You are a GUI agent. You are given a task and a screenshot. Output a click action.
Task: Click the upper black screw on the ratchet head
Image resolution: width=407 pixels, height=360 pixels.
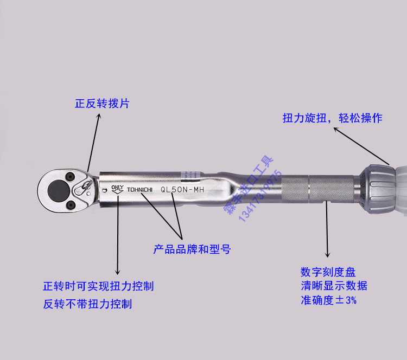[70, 176]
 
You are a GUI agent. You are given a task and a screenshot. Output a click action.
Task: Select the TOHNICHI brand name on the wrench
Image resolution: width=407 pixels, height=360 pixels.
[140, 190]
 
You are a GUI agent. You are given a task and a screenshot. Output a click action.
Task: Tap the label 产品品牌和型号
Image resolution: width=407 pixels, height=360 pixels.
[192, 249]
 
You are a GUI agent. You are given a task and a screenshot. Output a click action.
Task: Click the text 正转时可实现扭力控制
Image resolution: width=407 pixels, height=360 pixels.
[98, 286]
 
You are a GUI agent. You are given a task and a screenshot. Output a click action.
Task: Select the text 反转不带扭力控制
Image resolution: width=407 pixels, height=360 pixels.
[87, 304]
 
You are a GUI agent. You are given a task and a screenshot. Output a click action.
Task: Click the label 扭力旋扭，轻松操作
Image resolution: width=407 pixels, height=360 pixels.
[332, 118]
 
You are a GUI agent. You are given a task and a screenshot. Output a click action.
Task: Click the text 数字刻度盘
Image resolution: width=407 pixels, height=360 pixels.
[328, 272]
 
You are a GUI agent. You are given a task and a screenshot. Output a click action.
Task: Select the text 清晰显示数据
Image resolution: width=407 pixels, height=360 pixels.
[334, 286]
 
